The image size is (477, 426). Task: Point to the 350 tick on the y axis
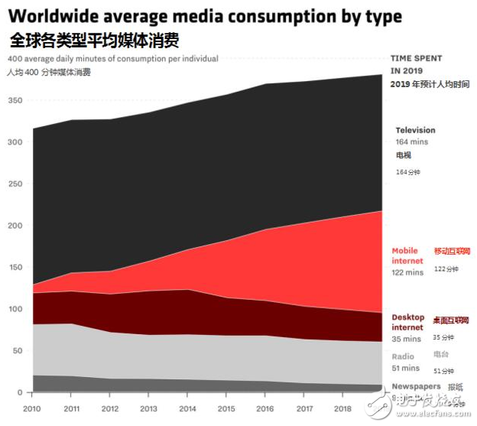coord(15,100)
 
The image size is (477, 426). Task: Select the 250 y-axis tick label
coord(15,184)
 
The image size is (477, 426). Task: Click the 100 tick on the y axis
coord(15,309)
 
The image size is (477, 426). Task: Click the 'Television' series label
coord(415,130)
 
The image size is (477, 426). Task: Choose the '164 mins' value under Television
coord(412,141)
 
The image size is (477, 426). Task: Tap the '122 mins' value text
coord(407,272)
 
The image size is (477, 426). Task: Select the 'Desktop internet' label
coord(408,322)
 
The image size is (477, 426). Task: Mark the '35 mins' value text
coord(406,339)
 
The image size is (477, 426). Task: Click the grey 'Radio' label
coord(403,356)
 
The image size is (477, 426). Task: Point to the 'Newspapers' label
coord(416,386)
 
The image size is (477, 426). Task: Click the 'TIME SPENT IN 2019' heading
coord(416,63)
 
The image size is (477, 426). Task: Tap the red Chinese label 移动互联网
coord(453,251)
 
